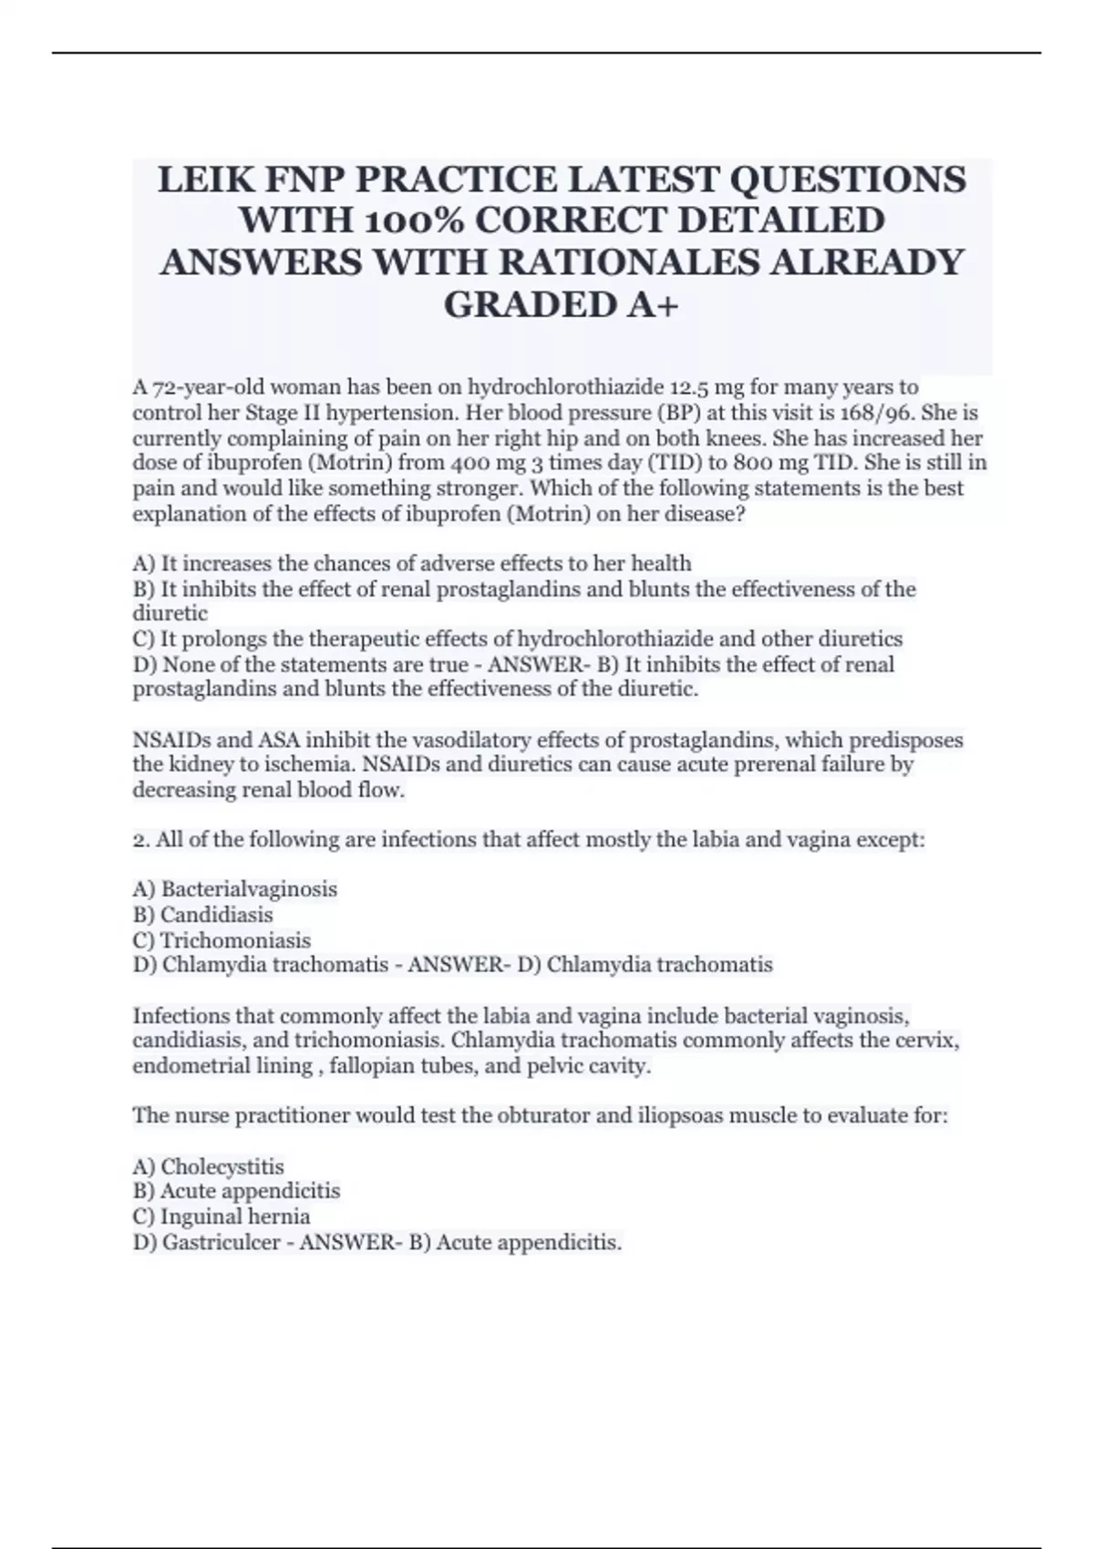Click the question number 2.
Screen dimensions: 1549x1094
(139, 839)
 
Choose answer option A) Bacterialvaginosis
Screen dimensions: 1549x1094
(235, 889)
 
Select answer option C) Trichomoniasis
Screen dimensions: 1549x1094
(222, 940)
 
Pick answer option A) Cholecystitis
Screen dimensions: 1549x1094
(209, 1166)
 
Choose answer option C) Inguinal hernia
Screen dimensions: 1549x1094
(222, 1216)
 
